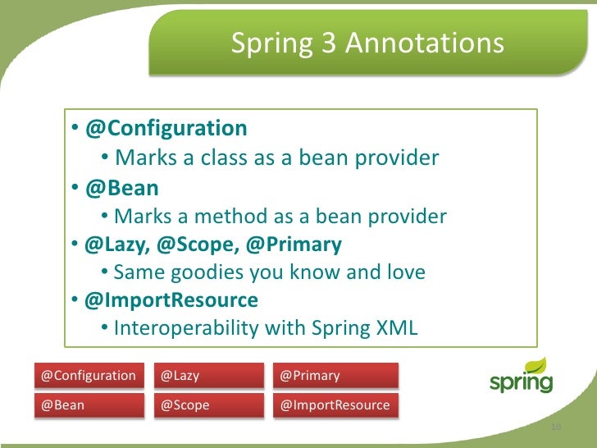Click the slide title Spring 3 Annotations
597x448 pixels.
point(367,43)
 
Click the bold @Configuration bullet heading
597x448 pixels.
point(166,129)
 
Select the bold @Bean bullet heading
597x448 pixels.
point(121,188)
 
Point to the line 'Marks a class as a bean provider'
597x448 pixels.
point(276,158)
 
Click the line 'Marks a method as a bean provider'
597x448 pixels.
point(280,217)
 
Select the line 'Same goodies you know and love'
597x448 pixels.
point(269,272)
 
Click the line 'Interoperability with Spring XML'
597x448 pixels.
point(266,328)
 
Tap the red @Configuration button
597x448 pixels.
point(89,376)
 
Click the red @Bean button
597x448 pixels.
point(89,405)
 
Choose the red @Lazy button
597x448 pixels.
point(209,376)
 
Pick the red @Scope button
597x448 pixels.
point(209,405)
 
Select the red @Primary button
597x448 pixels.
point(336,376)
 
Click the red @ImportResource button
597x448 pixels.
point(336,405)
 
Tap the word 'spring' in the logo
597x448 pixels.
point(520,383)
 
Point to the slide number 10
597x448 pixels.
point(555,428)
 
